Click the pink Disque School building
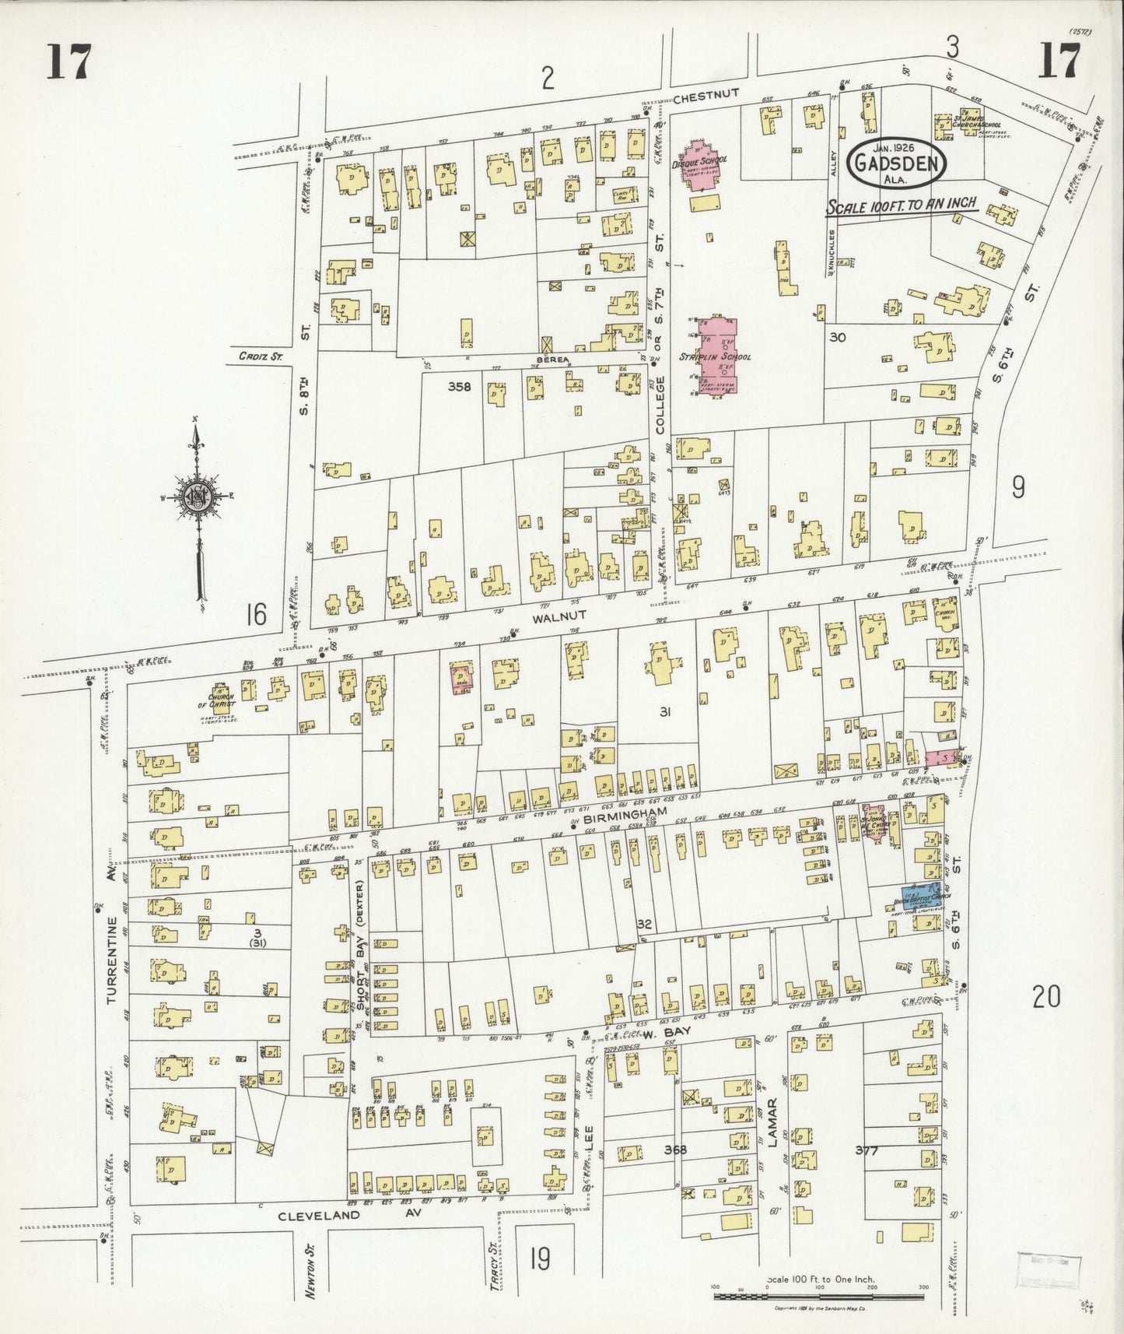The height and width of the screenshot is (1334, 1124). coord(702,164)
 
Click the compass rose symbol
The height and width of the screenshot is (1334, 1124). coord(201,496)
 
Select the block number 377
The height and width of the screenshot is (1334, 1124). coord(869,1150)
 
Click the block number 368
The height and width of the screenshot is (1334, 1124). coord(675,1149)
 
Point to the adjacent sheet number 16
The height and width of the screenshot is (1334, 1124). coord(254,615)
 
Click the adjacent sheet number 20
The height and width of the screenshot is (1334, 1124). coord(1045,995)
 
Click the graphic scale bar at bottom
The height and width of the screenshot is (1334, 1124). coord(819,1296)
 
